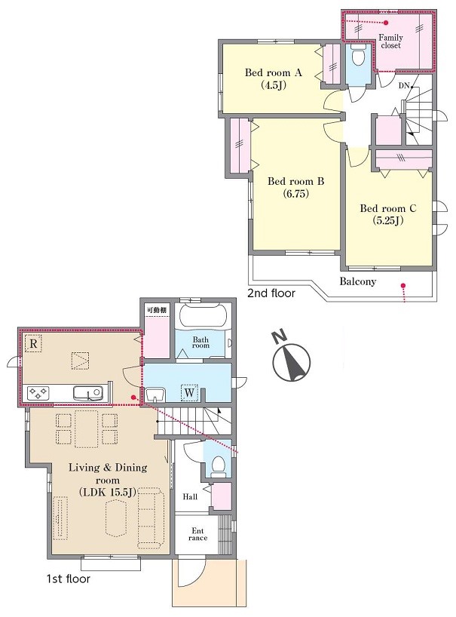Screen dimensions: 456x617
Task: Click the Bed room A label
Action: coord(273,78)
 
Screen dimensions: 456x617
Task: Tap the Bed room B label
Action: coord(295,187)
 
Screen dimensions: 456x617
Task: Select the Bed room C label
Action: coord(388,214)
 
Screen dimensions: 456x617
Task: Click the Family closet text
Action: coord(390,41)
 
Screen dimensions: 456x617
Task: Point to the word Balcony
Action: coord(358,281)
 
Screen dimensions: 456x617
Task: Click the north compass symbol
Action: coord(290,357)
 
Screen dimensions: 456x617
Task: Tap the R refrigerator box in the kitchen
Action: coord(33,343)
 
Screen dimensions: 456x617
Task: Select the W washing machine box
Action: coord(189,392)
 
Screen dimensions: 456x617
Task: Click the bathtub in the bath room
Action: coord(204,315)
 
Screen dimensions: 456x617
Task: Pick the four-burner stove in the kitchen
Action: coord(38,393)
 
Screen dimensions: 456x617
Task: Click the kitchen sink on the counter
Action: coord(87,393)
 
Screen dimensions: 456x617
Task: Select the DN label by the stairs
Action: coord(404,86)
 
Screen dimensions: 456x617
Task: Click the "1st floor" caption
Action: coord(69,579)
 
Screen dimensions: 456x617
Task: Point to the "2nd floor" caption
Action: coord(271,293)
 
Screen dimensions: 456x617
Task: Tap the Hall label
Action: coord(190,496)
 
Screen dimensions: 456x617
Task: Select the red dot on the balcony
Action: coord(402,285)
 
